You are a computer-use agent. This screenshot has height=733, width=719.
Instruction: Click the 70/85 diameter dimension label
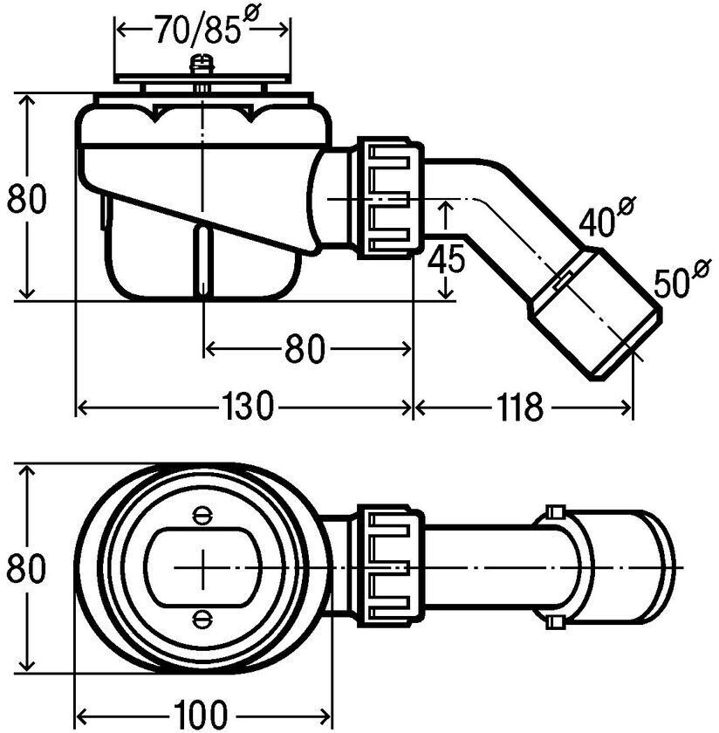coord(206,27)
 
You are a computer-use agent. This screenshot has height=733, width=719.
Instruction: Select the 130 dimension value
coord(246,406)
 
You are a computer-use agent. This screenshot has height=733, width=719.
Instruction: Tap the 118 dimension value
coord(519,406)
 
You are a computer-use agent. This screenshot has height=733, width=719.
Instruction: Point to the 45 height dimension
coord(447,258)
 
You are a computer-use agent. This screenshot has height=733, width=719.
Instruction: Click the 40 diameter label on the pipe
coord(606,216)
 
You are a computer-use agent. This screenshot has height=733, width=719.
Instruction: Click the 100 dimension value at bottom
coord(200,716)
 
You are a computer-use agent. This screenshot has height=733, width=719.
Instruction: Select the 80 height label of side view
coord(27,199)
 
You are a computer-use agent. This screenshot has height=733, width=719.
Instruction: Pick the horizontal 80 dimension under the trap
coord(305,348)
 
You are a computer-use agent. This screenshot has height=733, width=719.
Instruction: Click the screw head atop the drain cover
coord(202,65)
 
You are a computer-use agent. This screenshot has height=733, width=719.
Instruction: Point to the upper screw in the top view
coord(202,516)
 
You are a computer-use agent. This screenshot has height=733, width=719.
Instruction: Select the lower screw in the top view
coord(202,620)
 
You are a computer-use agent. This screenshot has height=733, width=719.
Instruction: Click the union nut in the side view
coord(390,198)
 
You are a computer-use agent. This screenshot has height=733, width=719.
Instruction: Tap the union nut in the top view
coord(390,565)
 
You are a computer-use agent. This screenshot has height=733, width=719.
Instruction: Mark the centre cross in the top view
coord(202,568)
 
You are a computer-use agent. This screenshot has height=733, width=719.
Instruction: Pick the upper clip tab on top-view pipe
coord(556,512)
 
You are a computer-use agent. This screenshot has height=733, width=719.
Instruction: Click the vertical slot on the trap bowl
coord(203,260)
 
